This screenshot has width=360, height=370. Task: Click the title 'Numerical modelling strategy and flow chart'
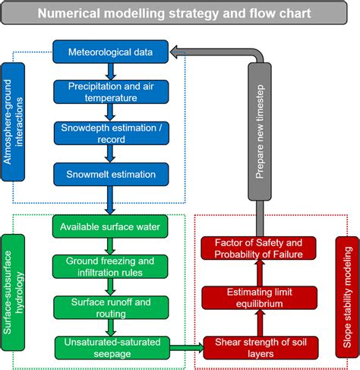pyautogui.click(x=180, y=14)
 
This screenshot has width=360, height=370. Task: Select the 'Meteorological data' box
pyautogui.click(x=110, y=52)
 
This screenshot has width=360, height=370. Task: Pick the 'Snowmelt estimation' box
pyautogui.click(x=110, y=174)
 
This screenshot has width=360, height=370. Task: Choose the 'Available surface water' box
pyautogui.click(x=110, y=226)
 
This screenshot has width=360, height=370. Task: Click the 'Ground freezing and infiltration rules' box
pyautogui.click(x=110, y=267)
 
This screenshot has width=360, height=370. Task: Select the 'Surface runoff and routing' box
pyautogui.click(x=110, y=307)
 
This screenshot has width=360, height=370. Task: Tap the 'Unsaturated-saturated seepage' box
pyautogui.click(x=110, y=348)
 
